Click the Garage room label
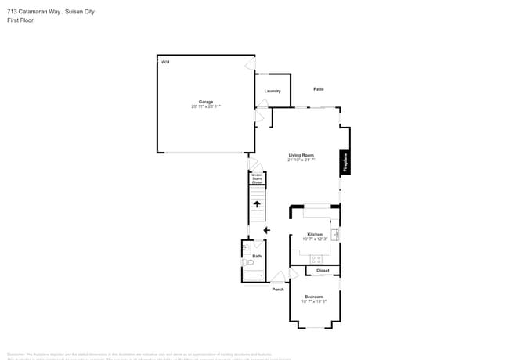click(206, 102)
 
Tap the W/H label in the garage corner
click(164, 62)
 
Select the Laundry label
click(273, 91)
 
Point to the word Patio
click(319, 89)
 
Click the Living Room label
click(301, 156)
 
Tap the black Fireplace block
click(344, 162)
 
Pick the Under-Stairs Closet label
click(257, 179)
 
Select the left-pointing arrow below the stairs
click(267, 230)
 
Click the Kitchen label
click(315, 234)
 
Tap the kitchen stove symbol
click(317, 258)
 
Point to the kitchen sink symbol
click(336, 234)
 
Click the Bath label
click(257, 256)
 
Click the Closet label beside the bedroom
click(323, 271)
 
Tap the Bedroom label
click(313, 297)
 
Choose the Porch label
click(278, 290)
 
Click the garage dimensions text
click(206, 106)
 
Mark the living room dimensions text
click(301, 160)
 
